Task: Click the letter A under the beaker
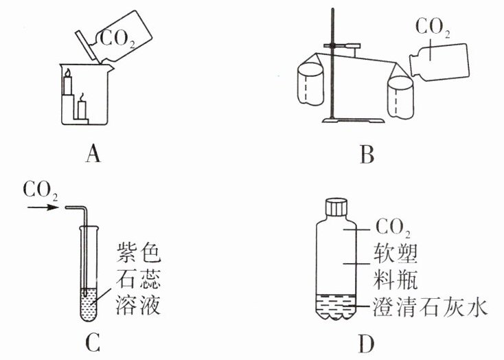coord(93,155)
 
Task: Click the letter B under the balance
coord(366,155)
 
